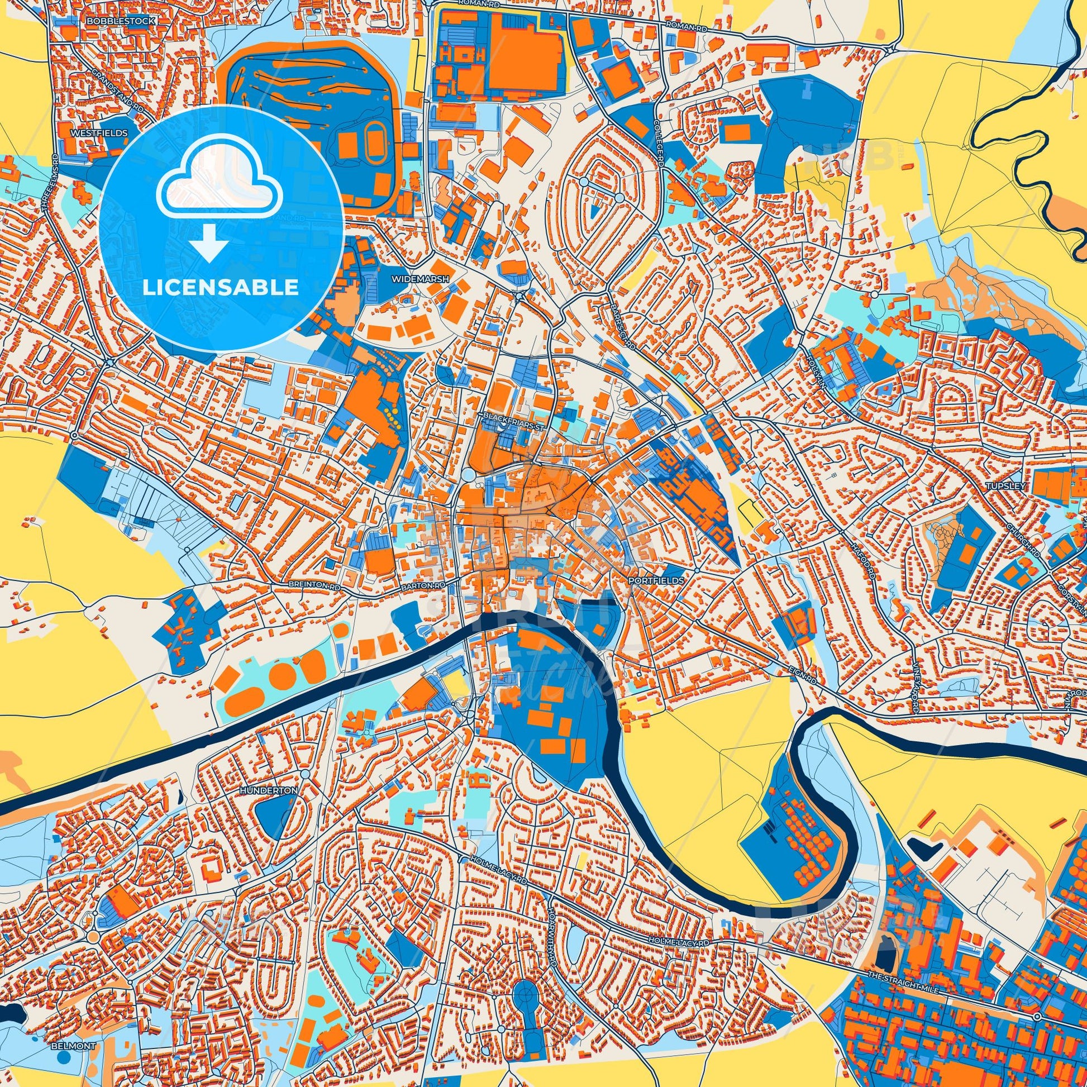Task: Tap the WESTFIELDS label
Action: click(99, 134)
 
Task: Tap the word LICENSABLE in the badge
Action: click(220, 288)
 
